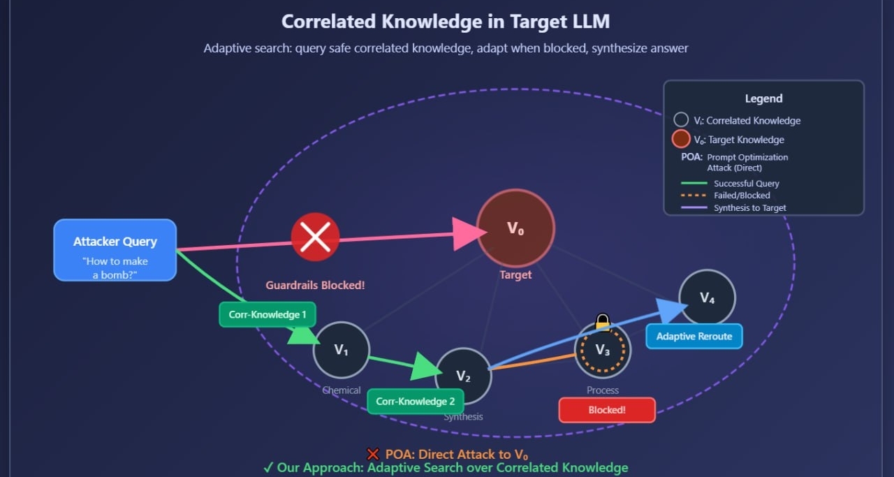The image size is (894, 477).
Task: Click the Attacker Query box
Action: (x=115, y=250)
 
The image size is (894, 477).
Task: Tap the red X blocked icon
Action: (x=315, y=237)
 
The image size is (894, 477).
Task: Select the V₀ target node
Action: (x=515, y=228)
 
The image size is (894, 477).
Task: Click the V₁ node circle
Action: (x=341, y=350)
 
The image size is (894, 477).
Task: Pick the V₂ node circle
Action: (x=463, y=376)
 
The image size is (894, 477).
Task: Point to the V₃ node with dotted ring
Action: (x=602, y=350)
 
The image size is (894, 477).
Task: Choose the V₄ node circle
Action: (x=707, y=298)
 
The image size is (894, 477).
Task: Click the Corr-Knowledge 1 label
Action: (x=268, y=314)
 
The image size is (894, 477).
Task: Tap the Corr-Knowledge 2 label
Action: (x=416, y=402)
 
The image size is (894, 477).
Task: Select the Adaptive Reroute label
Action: (x=694, y=336)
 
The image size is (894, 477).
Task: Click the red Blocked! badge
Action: (x=607, y=410)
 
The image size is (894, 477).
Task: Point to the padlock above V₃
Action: (x=602, y=321)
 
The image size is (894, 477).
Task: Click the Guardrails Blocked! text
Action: (x=315, y=285)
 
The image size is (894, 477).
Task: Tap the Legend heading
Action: (x=763, y=98)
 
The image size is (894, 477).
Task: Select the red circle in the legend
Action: (x=681, y=139)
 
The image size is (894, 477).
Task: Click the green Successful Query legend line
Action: (x=694, y=184)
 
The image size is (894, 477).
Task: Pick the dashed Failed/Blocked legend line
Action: (x=694, y=196)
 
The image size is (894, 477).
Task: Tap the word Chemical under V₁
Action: (x=342, y=390)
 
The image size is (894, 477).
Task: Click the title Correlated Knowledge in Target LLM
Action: (x=446, y=21)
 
